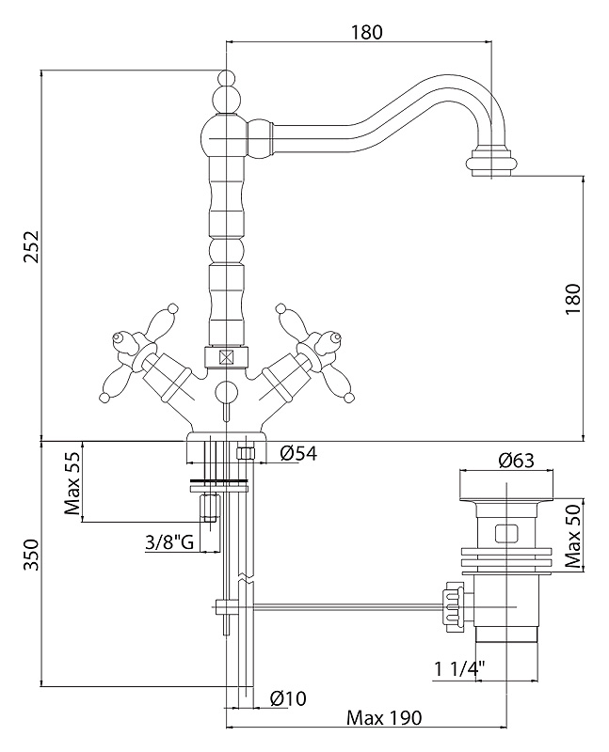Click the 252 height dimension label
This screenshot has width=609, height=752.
[31, 246]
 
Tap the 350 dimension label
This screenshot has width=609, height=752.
[31, 555]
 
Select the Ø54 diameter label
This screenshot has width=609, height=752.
[299, 453]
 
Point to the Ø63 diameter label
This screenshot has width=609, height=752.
[516, 461]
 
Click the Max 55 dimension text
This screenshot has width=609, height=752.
[73, 482]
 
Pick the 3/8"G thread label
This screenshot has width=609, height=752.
[169, 542]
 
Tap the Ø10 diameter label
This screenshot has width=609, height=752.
[288, 698]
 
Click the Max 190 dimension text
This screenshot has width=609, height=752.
[384, 718]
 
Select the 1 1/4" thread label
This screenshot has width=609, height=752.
[459, 668]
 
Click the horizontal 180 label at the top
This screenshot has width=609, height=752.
[367, 32]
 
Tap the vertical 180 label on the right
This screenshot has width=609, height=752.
[573, 299]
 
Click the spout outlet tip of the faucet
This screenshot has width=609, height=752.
[491, 164]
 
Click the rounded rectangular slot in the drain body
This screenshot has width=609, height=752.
[505, 533]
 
